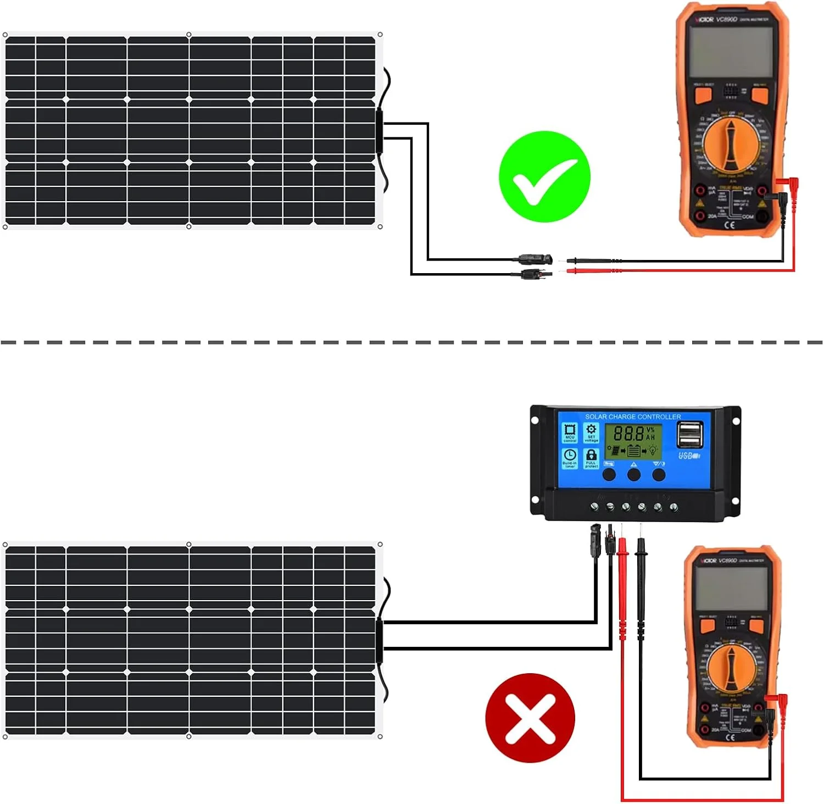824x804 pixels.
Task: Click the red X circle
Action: click(530, 718)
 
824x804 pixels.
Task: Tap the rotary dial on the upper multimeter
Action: click(730, 144)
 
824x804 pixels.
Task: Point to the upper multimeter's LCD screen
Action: click(728, 53)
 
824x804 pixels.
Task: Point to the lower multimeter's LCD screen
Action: click(731, 587)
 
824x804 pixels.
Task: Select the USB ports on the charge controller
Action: click(690, 434)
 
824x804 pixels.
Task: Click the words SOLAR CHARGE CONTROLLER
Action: click(632, 417)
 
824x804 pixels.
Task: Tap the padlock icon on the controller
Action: click(591, 455)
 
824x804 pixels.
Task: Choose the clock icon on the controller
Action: click(570, 455)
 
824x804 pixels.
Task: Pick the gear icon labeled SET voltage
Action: click(591, 430)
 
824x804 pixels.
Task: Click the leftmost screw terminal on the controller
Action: click(594, 506)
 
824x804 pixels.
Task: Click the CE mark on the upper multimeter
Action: click(730, 224)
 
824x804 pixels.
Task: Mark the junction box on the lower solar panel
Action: click(379, 641)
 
